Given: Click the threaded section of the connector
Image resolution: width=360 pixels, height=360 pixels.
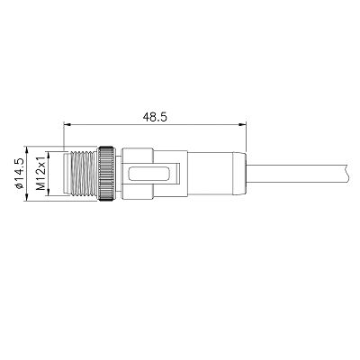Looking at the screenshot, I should [84, 174].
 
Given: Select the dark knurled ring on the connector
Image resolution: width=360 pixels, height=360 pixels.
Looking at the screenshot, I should [107, 174].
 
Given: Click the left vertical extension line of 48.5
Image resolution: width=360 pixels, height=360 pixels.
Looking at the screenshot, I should [65, 135].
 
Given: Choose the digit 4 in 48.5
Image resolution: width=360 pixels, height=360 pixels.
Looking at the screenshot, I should [147, 116].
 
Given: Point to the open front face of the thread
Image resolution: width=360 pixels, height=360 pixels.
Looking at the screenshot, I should [66, 174].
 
